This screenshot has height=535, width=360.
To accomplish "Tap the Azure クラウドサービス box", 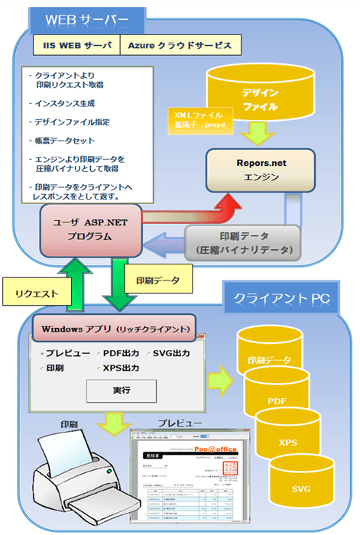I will [180, 46].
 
